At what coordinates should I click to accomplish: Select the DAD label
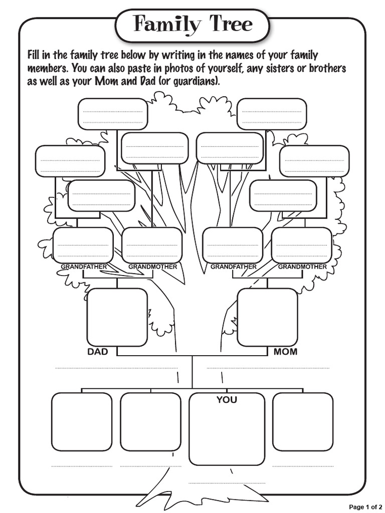coord(98,352)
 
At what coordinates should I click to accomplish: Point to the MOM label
coord(285,352)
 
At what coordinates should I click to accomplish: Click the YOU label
coord(227,400)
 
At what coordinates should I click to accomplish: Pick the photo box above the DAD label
coord(117,317)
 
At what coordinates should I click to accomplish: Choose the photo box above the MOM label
coord(267,317)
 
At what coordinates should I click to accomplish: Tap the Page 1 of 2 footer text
coord(365,507)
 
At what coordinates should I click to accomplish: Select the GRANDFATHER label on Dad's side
coord(84,267)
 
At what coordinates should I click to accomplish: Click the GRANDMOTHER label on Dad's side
coord(152,267)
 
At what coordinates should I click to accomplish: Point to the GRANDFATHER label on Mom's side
coord(233,267)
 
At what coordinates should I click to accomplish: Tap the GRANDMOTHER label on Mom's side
coord(302,267)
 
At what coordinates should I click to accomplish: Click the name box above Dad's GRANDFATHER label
coord(83,245)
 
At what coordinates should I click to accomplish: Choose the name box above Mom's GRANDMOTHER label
coord(302,245)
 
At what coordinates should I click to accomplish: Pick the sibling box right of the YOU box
coord(303,421)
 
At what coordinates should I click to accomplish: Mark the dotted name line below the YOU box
coord(227,483)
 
